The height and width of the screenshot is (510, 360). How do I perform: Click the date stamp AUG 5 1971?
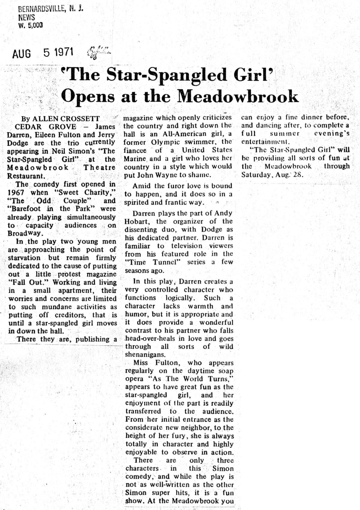(43, 53)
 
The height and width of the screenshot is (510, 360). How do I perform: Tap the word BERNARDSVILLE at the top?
(41, 9)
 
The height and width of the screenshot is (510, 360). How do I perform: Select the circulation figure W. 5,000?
(30, 26)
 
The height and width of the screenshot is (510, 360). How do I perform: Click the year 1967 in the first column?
(16, 192)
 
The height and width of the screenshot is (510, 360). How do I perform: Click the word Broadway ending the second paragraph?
(25, 233)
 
